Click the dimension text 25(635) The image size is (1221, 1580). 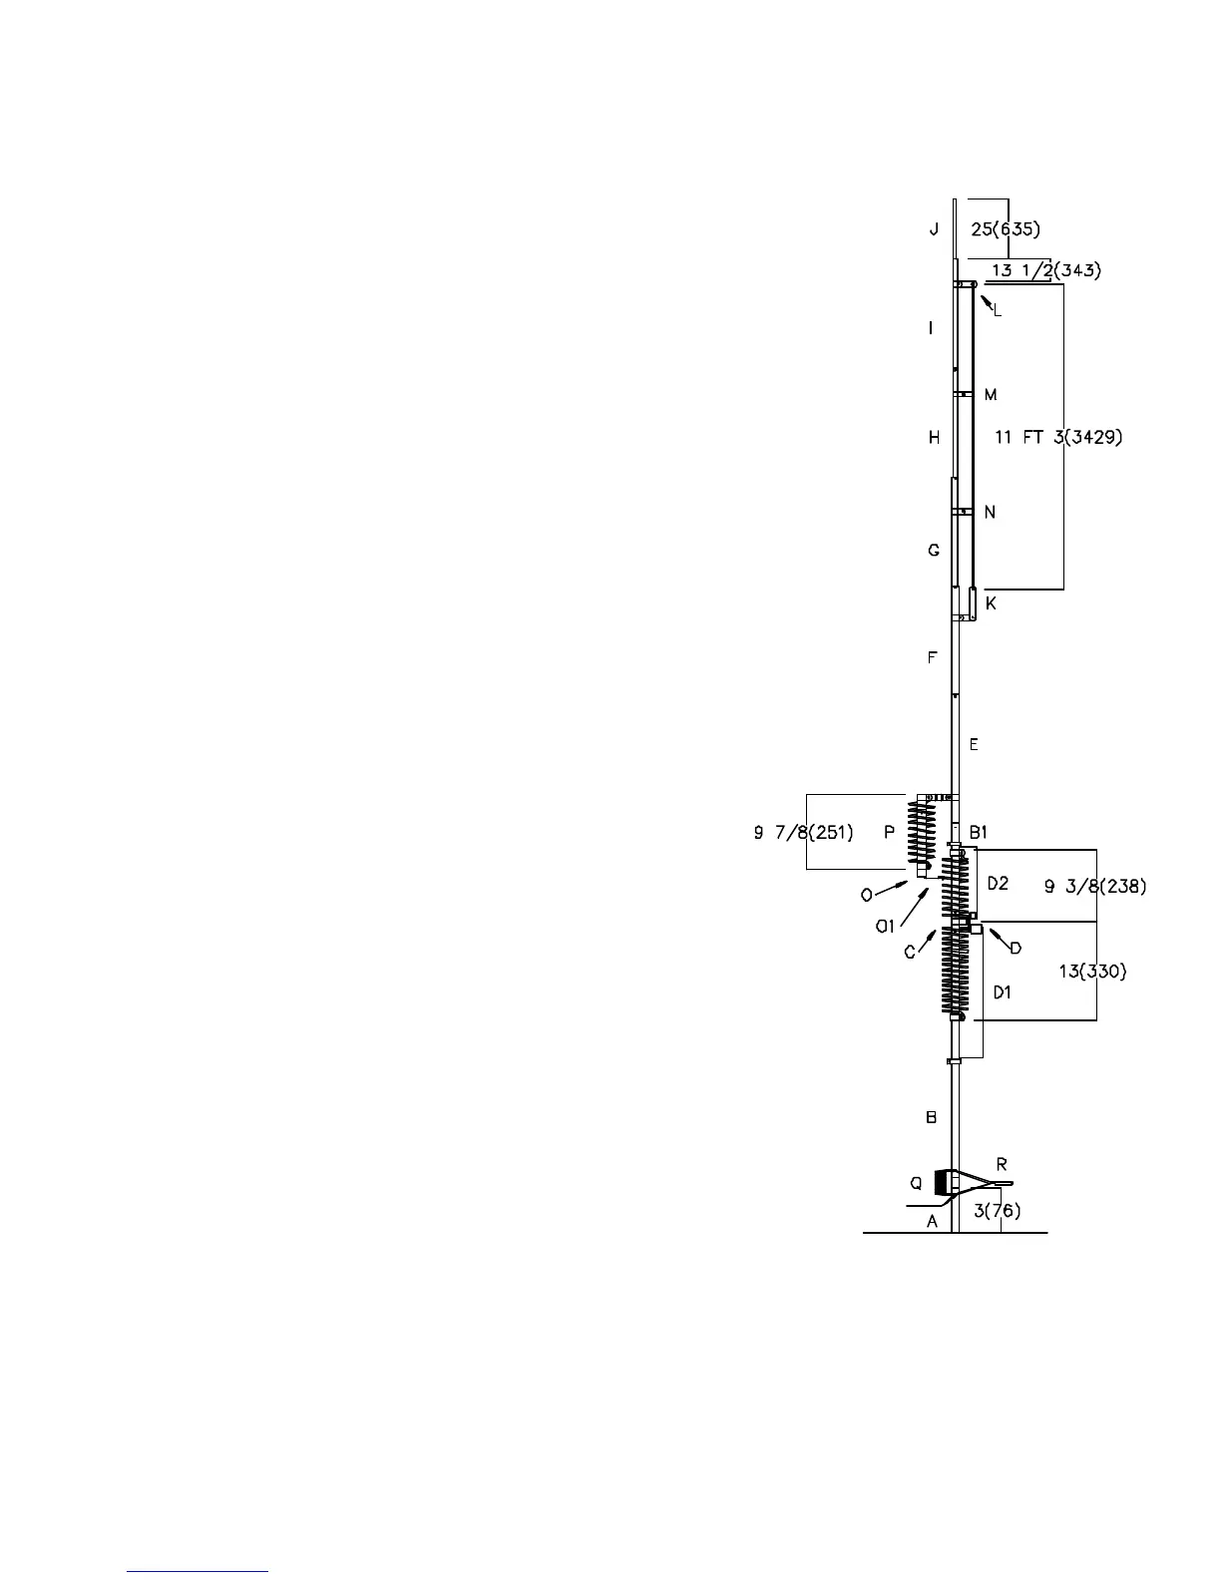pos(1006,230)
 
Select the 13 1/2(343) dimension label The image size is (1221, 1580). pos(1046,270)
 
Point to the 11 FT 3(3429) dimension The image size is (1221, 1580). pos(1059,437)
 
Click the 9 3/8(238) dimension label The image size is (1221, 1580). pos(1094,885)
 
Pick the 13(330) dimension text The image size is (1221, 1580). pos(1092,971)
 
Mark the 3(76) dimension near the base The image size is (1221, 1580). pos(997,1211)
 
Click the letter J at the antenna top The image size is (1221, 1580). pos(934,230)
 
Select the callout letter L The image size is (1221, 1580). pos(997,310)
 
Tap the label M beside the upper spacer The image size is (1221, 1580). pos(991,396)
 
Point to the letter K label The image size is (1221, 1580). pos(991,604)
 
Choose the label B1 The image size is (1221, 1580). pos(979,832)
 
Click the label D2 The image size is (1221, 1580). pos(999,883)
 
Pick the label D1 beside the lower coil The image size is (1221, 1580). pos(1002,992)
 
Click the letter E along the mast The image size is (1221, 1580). pos(974,745)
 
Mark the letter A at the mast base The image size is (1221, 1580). pos(934,1221)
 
